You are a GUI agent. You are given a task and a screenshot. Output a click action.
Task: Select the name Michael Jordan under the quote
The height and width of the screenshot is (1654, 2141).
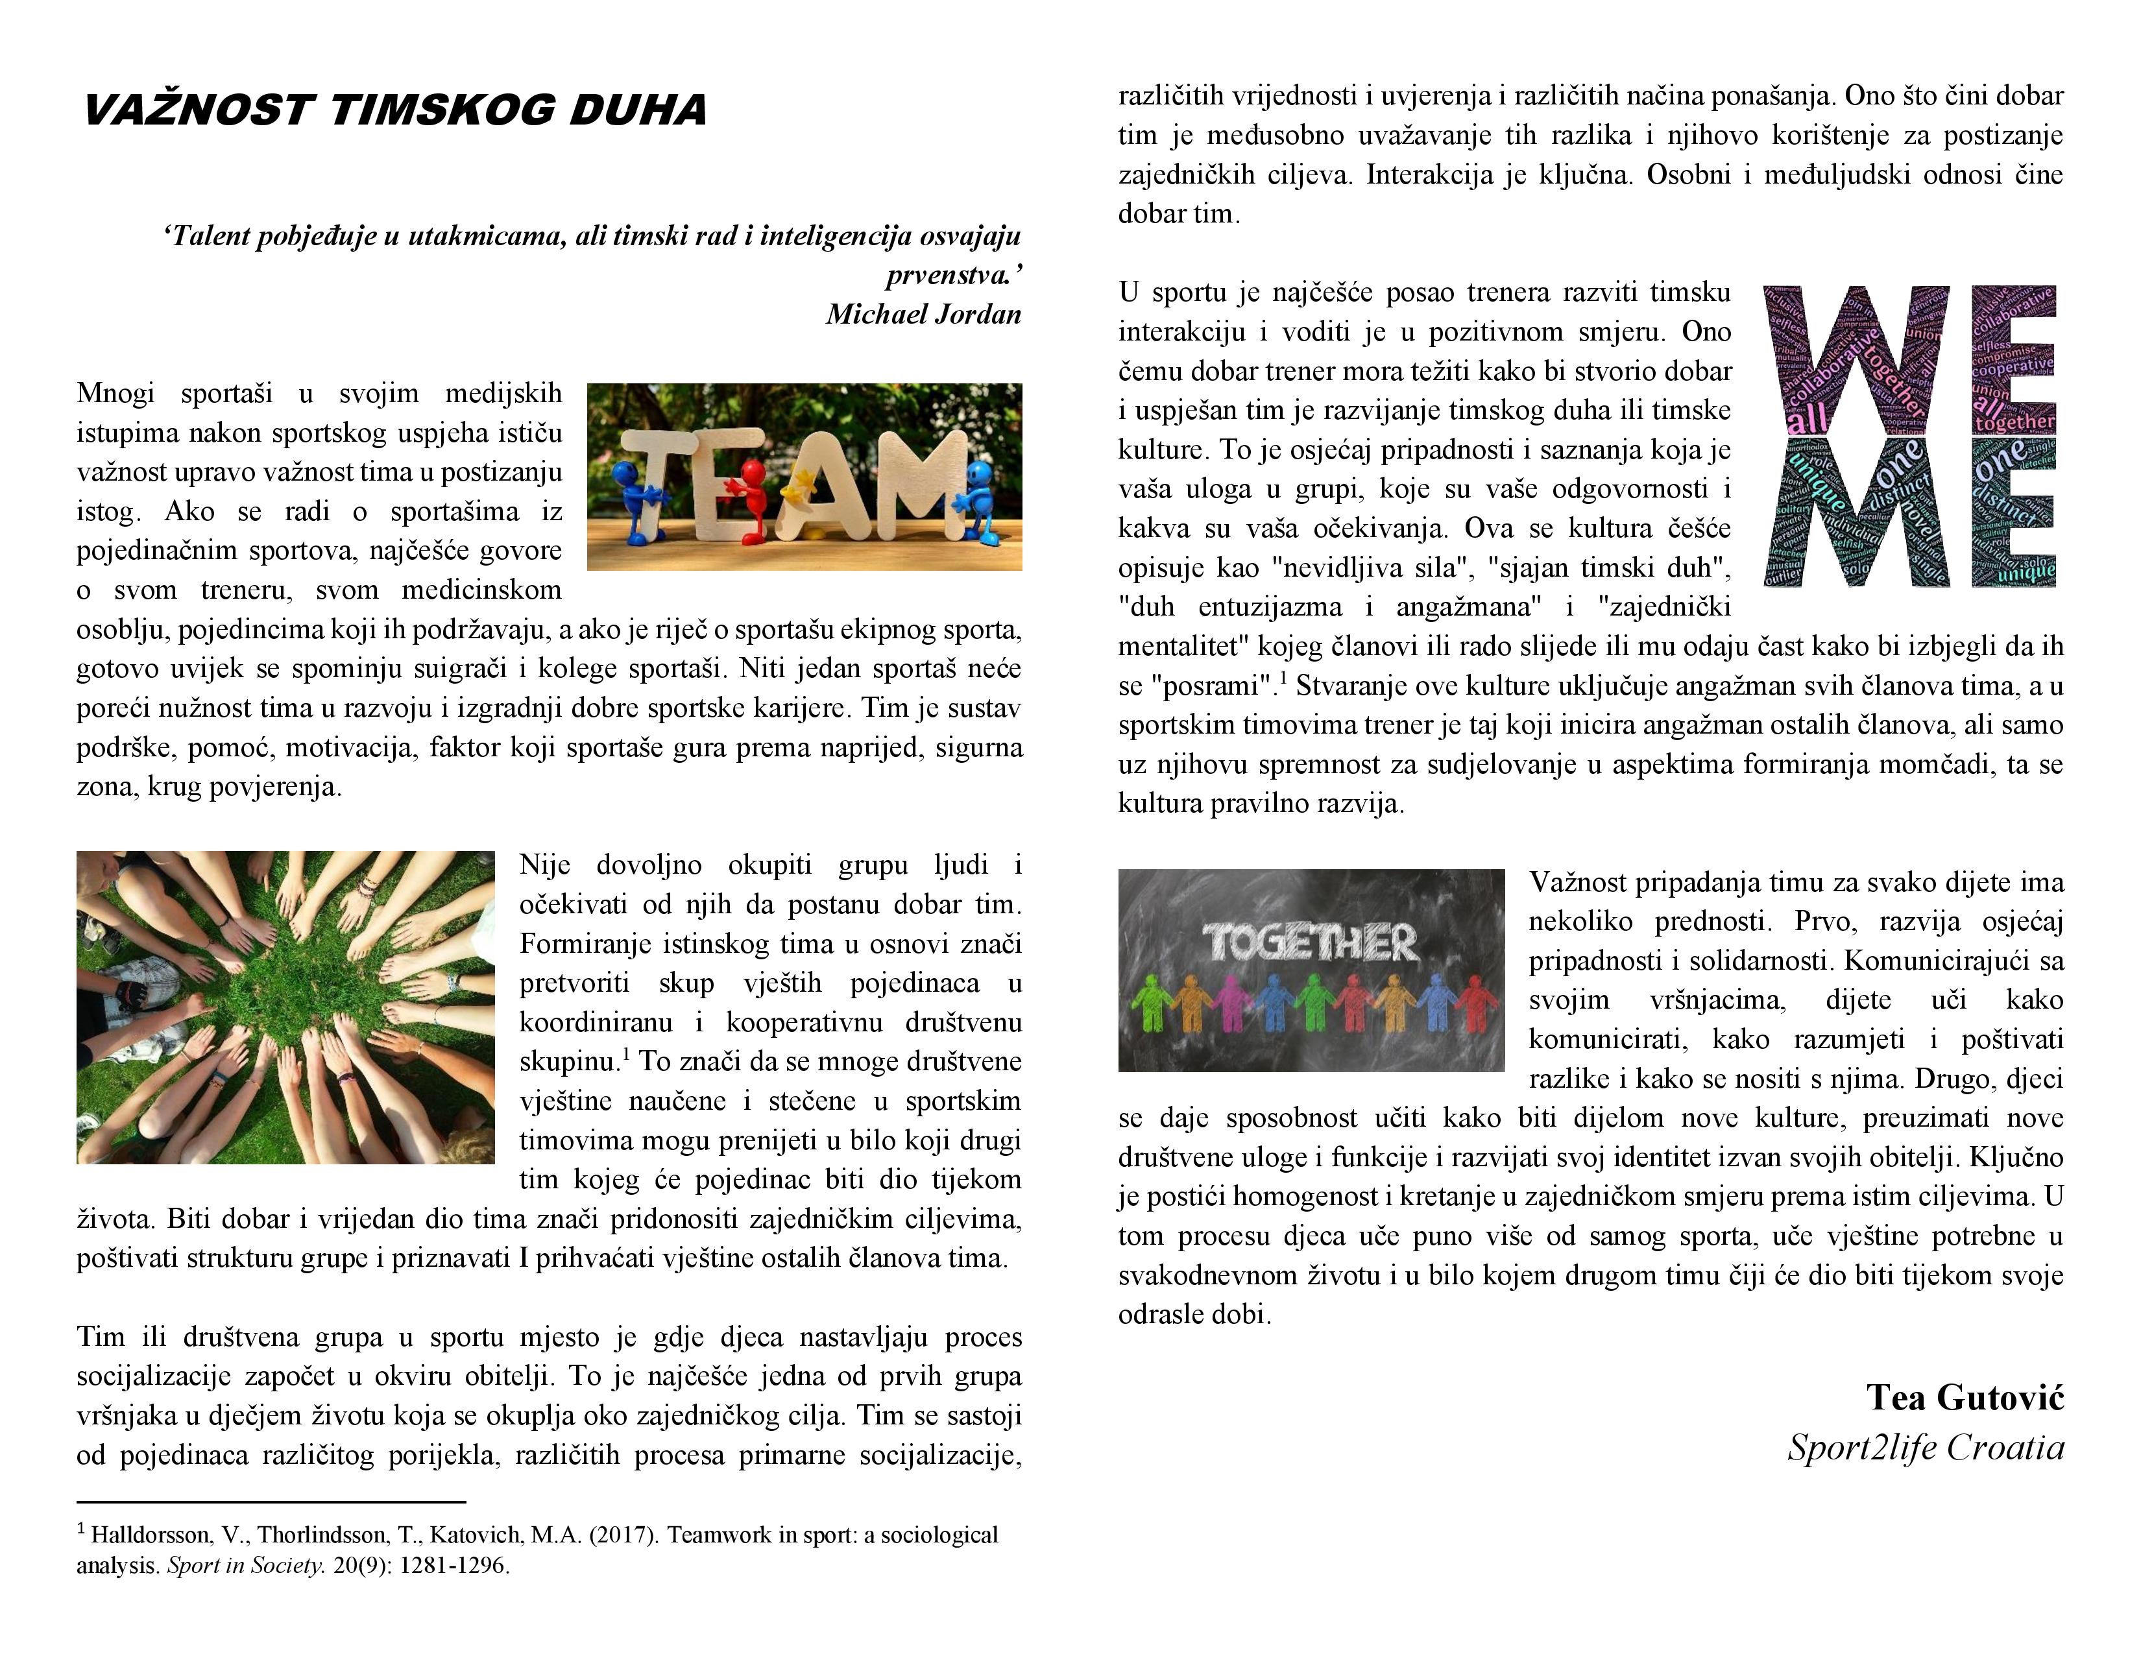coord(923,315)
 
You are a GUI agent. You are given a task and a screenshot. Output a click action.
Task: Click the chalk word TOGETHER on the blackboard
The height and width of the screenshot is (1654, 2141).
coord(1311,942)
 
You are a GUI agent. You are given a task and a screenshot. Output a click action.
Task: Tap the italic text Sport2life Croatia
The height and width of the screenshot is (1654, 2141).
coord(1926,1447)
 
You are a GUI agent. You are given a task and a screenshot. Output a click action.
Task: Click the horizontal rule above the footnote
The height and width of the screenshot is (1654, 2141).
coord(271,1501)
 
